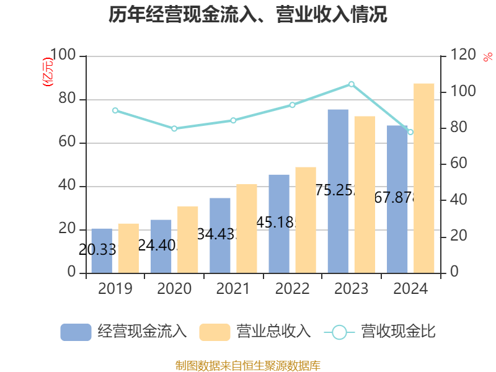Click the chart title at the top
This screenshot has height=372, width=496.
248,14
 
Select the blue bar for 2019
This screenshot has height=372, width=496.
102,250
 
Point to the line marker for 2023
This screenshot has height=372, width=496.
352,84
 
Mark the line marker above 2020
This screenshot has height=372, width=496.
174,128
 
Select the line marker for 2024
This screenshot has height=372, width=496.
410,132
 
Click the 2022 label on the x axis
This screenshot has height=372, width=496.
292,289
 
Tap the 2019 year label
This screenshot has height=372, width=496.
115,289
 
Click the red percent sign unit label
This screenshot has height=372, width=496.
487,56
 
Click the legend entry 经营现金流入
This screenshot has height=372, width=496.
124,332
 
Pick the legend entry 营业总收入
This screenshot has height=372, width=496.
255,332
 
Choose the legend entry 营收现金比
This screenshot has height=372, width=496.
379,332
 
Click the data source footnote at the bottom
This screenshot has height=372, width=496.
248,365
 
